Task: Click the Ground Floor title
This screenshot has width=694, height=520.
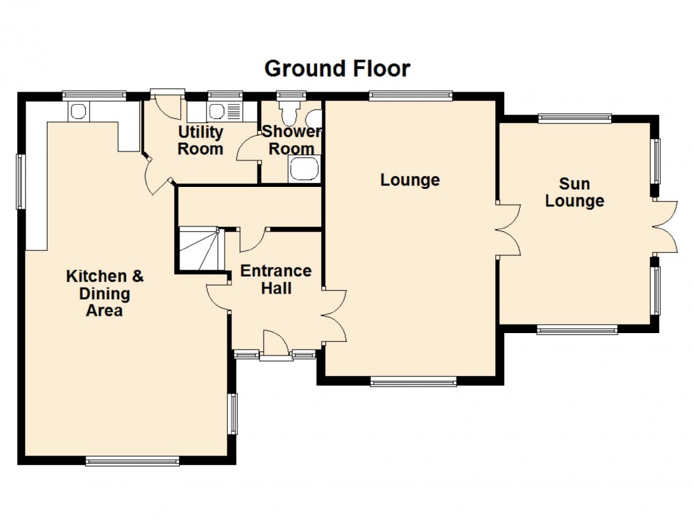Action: (337, 69)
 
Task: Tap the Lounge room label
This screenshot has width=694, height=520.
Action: (410, 180)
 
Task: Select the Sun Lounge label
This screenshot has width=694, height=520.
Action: (574, 192)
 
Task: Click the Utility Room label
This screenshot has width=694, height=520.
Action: (200, 140)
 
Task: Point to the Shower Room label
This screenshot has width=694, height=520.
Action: (291, 140)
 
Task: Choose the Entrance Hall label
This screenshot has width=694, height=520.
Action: (276, 279)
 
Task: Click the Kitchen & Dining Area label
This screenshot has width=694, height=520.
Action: (105, 294)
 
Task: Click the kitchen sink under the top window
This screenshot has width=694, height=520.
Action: (77, 111)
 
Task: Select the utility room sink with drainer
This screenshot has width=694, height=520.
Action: (224, 111)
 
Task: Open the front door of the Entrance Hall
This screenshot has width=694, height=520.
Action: (275, 344)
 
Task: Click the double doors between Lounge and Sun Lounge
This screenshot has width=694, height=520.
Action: (508, 229)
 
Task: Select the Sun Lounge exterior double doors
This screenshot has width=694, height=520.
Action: (665, 227)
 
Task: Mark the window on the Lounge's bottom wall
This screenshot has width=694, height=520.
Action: (413, 382)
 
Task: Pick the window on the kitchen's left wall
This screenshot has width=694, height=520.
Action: (20, 181)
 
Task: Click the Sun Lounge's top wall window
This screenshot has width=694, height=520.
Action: (574, 118)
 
